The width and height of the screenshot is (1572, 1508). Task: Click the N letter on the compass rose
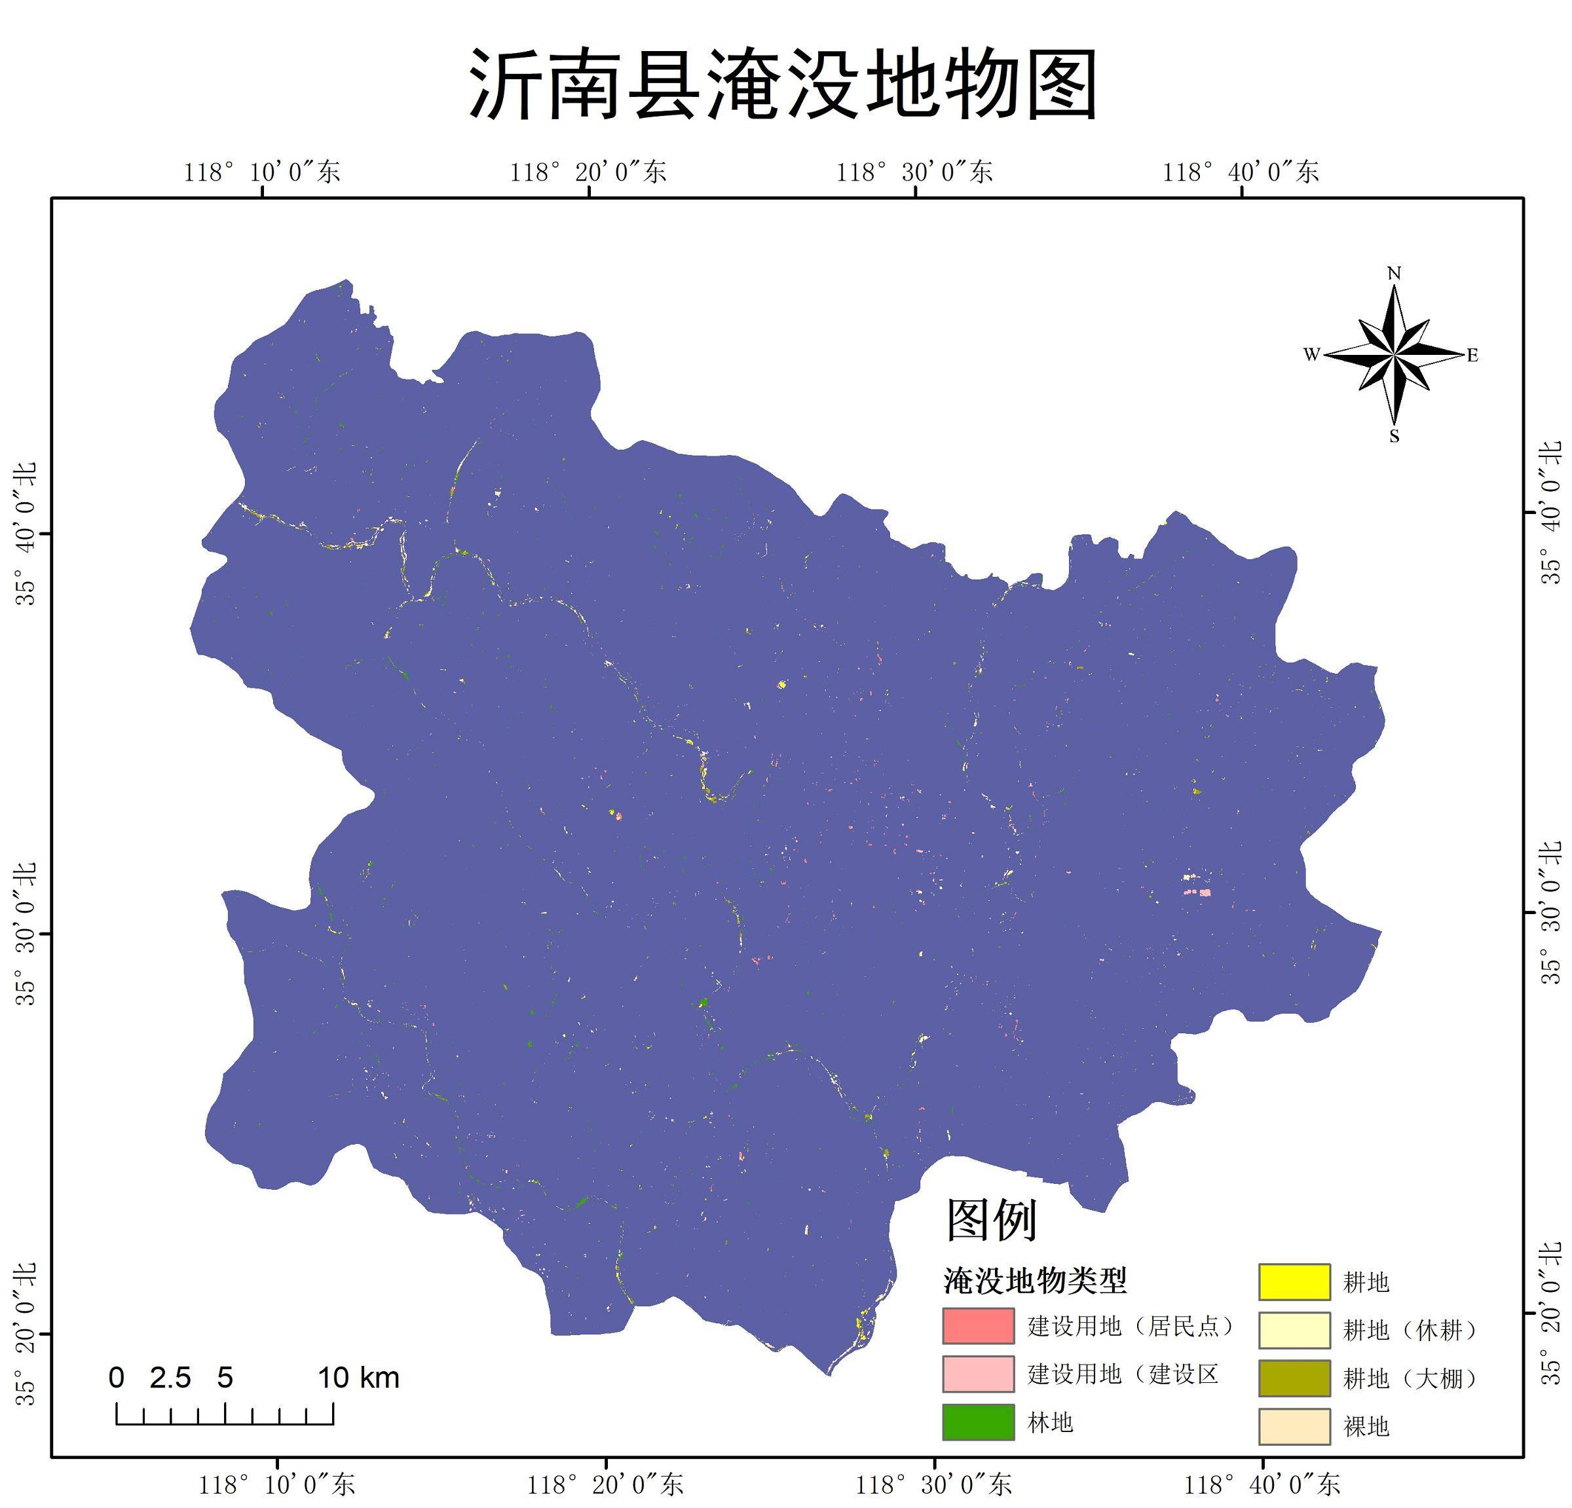coord(1394,274)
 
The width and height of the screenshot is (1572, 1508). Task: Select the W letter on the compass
coord(1311,354)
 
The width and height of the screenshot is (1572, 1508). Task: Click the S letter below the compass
coord(1394,437)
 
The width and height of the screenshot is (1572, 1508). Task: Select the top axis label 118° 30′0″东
coord(914,172)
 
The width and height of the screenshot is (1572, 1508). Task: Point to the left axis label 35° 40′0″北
coord(26,534)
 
